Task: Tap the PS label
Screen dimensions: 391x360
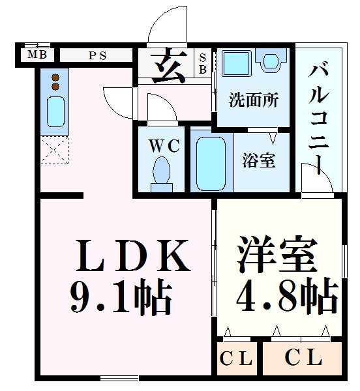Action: click(x=98, y=55)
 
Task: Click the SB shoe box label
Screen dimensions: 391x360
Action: click(x=202, y=63)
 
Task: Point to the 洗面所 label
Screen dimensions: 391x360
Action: click(x=254, y=100)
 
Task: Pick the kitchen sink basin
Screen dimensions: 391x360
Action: click(x=56, y=112)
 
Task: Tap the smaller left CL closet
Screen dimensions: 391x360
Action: click(x=235, y=358)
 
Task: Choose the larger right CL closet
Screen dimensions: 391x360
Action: click(x=303, y=358)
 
